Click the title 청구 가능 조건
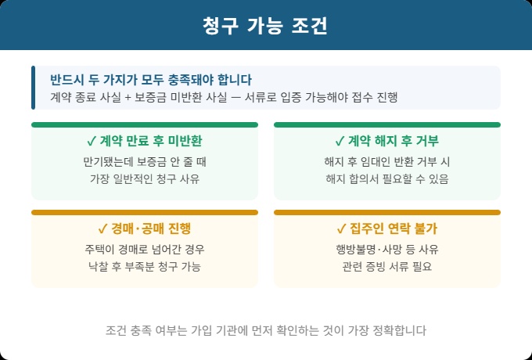click(x=265, y=25)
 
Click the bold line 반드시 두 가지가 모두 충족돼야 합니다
click(x=151, y=80)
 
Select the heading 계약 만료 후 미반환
click(x=150, y=142)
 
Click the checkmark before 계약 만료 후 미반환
click(x=92, y=142)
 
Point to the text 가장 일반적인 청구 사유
click(x=144, y=179)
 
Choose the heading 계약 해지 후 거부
click(x=393, y=142)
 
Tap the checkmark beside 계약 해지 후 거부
click(x=340, y=142)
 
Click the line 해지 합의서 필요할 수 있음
click(x=386, y=179)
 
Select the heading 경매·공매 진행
click(x=150, y=229)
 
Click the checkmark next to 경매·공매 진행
click(x=102, y=229)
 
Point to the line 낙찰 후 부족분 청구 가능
click(x=144, y=267)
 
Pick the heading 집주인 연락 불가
click(x=393, y=229)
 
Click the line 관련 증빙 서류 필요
click(x=386, y=267)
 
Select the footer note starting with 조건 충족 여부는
click(x=265, y=330)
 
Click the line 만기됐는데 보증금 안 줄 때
click(x=144, y=162)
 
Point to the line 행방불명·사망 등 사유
click(x=386, y=250)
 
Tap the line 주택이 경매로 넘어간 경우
click(x=144, y=250)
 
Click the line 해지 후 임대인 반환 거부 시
click(x=386, y=162)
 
